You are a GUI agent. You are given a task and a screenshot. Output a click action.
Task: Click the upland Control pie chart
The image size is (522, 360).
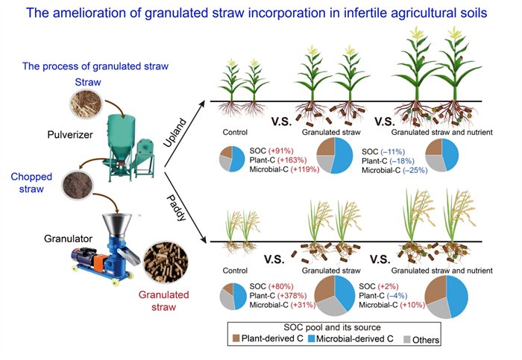(231, 159)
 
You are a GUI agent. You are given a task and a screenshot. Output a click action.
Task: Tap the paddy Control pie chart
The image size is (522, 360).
(233, 296)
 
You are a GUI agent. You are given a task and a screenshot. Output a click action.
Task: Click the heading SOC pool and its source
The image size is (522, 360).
(333, 327)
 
